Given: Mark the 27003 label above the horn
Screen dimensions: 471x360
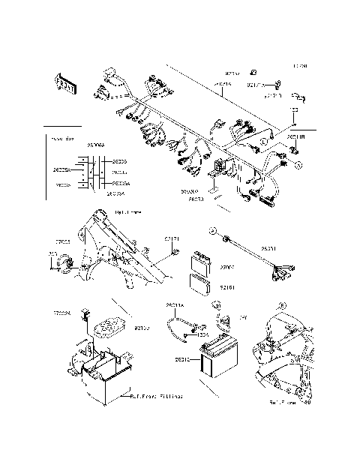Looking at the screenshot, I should pos(62,242).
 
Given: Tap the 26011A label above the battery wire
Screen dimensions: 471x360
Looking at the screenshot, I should pos(174,306).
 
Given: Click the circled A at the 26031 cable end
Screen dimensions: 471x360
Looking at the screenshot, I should pos(213,229).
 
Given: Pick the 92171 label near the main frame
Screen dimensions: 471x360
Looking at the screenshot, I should pos(172,239).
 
